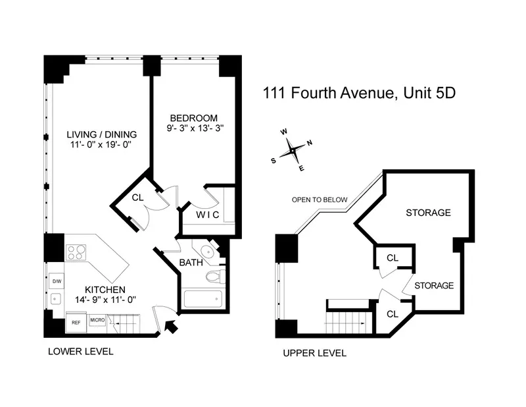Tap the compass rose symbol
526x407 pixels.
pyautogui.click(x=292, y=151)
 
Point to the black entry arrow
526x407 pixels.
pyautogui.click(x=172, y=326)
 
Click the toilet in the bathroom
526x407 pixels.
pyautogui.click(x=214, y=277)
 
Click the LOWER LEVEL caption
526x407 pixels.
pyautogui.click(x=81, y=352)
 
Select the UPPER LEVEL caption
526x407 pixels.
pyautogui.click(x=314, y=353)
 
